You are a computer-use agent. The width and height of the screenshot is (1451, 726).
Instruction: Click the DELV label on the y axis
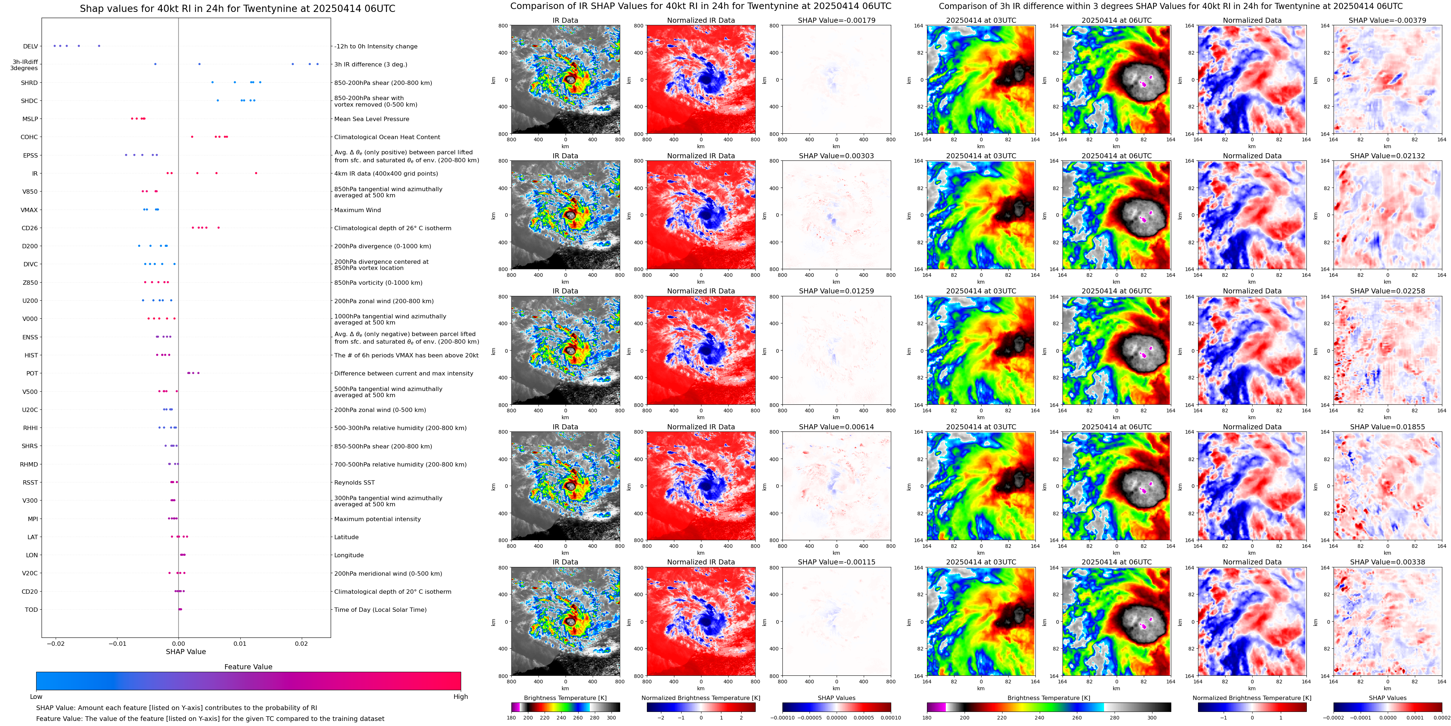30,47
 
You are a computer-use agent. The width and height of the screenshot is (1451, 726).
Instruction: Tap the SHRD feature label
29,83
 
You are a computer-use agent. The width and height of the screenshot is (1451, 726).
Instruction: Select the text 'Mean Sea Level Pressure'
371,119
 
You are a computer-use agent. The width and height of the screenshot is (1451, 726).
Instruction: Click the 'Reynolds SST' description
354,483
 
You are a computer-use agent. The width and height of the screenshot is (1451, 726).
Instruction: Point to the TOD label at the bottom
31,609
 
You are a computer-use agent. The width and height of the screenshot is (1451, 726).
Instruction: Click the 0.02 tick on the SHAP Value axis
301,643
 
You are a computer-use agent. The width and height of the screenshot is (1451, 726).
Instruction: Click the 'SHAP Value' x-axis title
185,652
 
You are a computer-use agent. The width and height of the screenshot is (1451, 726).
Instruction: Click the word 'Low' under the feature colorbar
36,697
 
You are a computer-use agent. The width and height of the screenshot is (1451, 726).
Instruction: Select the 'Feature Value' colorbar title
248,667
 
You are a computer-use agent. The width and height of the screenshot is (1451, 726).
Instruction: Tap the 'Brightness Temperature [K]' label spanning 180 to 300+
1048,698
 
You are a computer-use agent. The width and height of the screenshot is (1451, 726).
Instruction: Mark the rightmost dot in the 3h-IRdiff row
317,64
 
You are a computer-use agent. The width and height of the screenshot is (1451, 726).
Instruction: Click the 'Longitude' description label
349,555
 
